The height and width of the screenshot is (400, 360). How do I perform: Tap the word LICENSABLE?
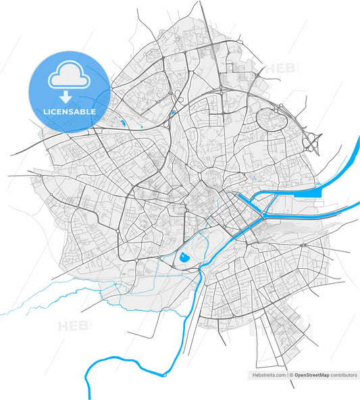coord(68,111)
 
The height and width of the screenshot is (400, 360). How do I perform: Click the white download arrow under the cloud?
coord(68,97)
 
